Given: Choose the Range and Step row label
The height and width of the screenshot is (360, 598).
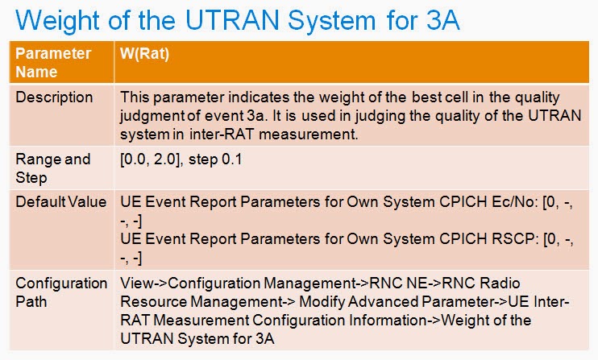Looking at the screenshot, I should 53,167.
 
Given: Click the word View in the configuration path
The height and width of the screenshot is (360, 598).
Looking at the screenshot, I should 135,283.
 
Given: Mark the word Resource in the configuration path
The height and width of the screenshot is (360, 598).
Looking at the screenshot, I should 149,302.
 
